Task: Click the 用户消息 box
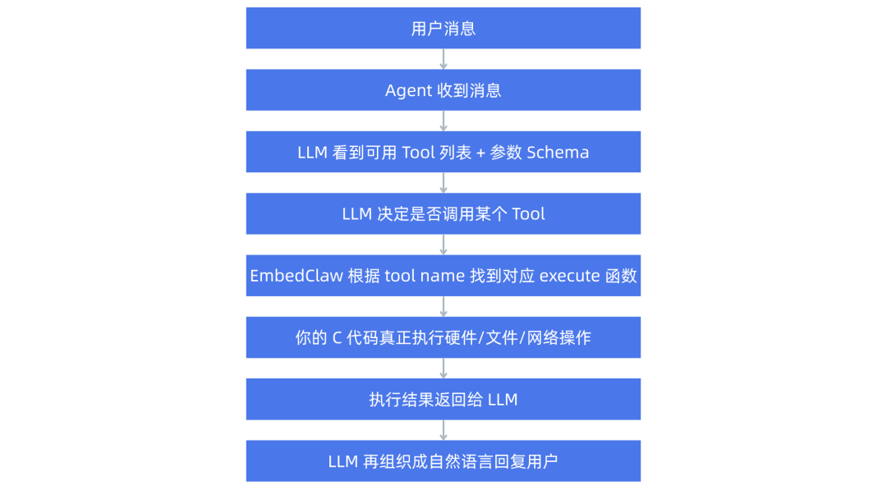(443, 29)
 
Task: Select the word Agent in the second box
(408, 90)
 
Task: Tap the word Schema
(558, 153)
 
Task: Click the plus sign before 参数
(480, 153)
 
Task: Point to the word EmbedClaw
(296, 276)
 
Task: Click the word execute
(569, 276)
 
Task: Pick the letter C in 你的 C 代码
(337, 337)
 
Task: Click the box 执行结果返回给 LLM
(443, 400)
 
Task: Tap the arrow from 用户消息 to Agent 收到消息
(443, 59)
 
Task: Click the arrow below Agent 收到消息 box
(443, 121)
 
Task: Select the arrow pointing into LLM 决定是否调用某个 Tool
(443, 183)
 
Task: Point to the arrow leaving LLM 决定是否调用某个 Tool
(443, 245)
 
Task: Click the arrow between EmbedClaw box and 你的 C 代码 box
(443, 307)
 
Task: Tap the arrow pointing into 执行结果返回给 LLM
(443, 369)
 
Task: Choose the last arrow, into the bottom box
(443, 430)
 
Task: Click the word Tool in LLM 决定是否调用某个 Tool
(528, 214)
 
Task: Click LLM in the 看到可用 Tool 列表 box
(313, 153)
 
